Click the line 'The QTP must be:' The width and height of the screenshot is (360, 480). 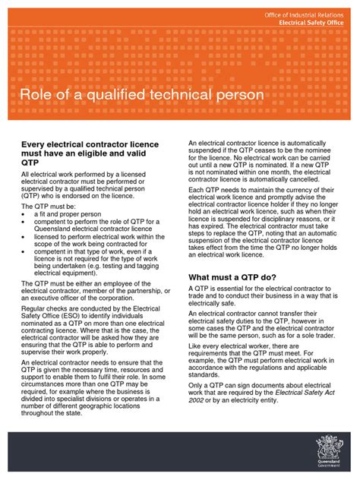pos(49,206)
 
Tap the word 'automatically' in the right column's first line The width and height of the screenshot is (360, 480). pos(297,144)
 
